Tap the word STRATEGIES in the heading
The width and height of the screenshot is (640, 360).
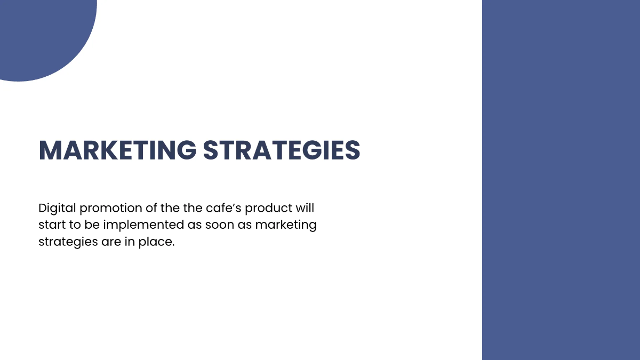282,150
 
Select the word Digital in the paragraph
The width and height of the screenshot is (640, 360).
57,207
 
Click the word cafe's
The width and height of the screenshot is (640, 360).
225,207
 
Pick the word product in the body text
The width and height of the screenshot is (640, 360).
270,208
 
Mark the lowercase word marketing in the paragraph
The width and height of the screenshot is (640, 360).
285,225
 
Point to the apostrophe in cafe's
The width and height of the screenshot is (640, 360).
234,204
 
